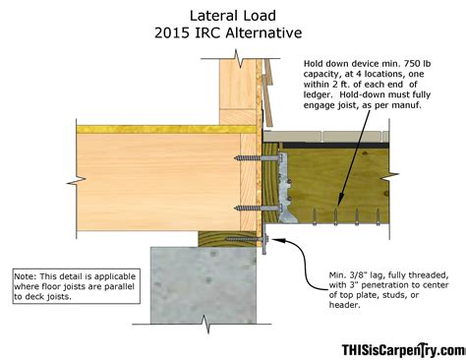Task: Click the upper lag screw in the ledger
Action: (x=247, y=155)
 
